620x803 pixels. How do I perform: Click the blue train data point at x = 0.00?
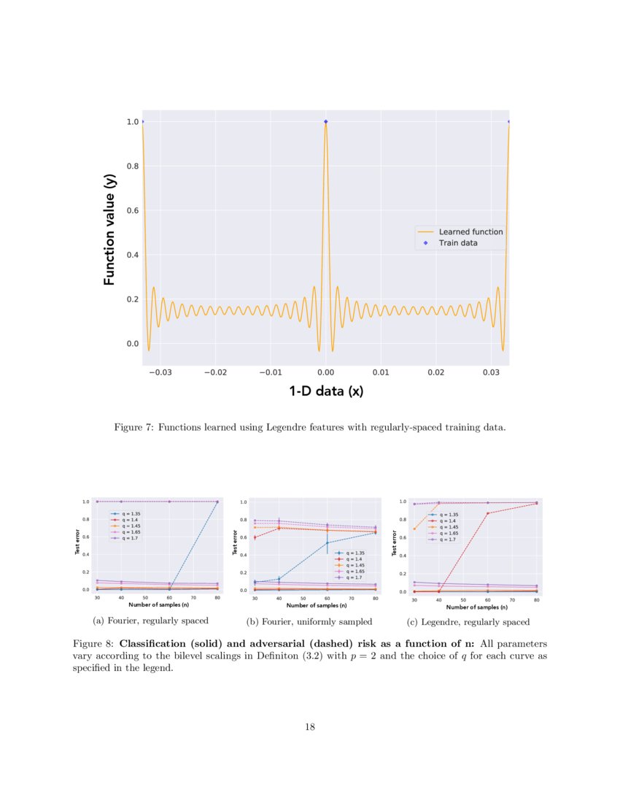(325, 122)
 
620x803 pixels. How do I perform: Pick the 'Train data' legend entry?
(458, 243)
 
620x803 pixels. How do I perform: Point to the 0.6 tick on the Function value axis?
(133, 211)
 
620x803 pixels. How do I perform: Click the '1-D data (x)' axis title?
(325, 392)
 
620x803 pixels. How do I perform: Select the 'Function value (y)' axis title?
(109, 230)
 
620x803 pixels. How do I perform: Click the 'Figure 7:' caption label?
(133, 427)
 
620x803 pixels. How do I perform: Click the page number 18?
(310, 726)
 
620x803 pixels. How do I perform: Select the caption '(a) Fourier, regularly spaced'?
(151, 620)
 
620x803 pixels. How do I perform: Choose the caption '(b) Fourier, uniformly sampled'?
(309, 621)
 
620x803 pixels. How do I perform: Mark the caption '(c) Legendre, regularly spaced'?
(468, 622)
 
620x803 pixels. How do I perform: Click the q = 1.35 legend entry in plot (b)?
(354, 553)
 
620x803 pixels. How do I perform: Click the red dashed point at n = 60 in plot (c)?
(488, 513)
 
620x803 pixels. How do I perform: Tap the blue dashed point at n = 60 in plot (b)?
(327, 542)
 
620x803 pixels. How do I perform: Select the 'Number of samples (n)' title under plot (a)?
(158, 605)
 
